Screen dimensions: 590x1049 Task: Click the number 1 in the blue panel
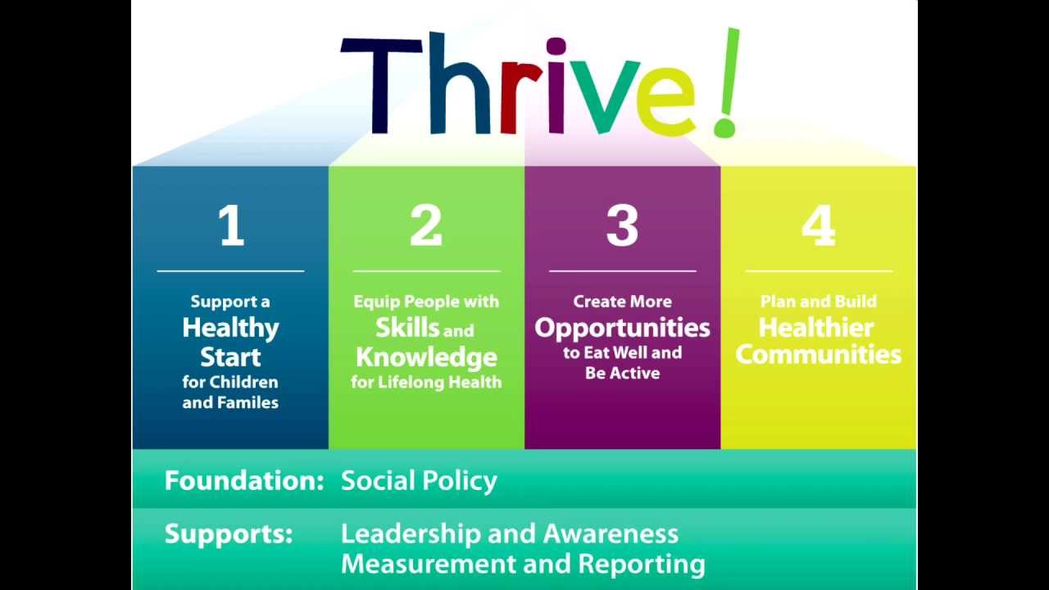click(x=232, y=226)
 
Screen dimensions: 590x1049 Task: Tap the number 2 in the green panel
click(x=426, y=226)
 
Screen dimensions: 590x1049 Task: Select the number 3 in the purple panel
click(x=622, y=226)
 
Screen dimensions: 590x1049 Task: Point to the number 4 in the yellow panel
click(x=818, y=226)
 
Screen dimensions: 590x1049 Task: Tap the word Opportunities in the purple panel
click(x=622, y=329)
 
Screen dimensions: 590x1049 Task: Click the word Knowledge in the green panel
click(x=426, y=357)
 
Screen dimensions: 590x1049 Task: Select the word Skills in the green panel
click(x=407, y=328)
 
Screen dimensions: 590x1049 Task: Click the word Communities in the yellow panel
click(x=818, y=354)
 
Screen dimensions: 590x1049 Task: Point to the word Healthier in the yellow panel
click(x=816, y=328)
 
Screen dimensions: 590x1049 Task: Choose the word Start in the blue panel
click(x=231, y=357)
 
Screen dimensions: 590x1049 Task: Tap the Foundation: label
click(x=244, y=480)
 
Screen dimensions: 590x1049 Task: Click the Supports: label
click(x=229, y=533)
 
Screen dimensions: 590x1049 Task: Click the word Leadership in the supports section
click(x=411, y=533)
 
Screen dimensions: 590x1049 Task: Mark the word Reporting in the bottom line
click(x=642, y=565)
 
